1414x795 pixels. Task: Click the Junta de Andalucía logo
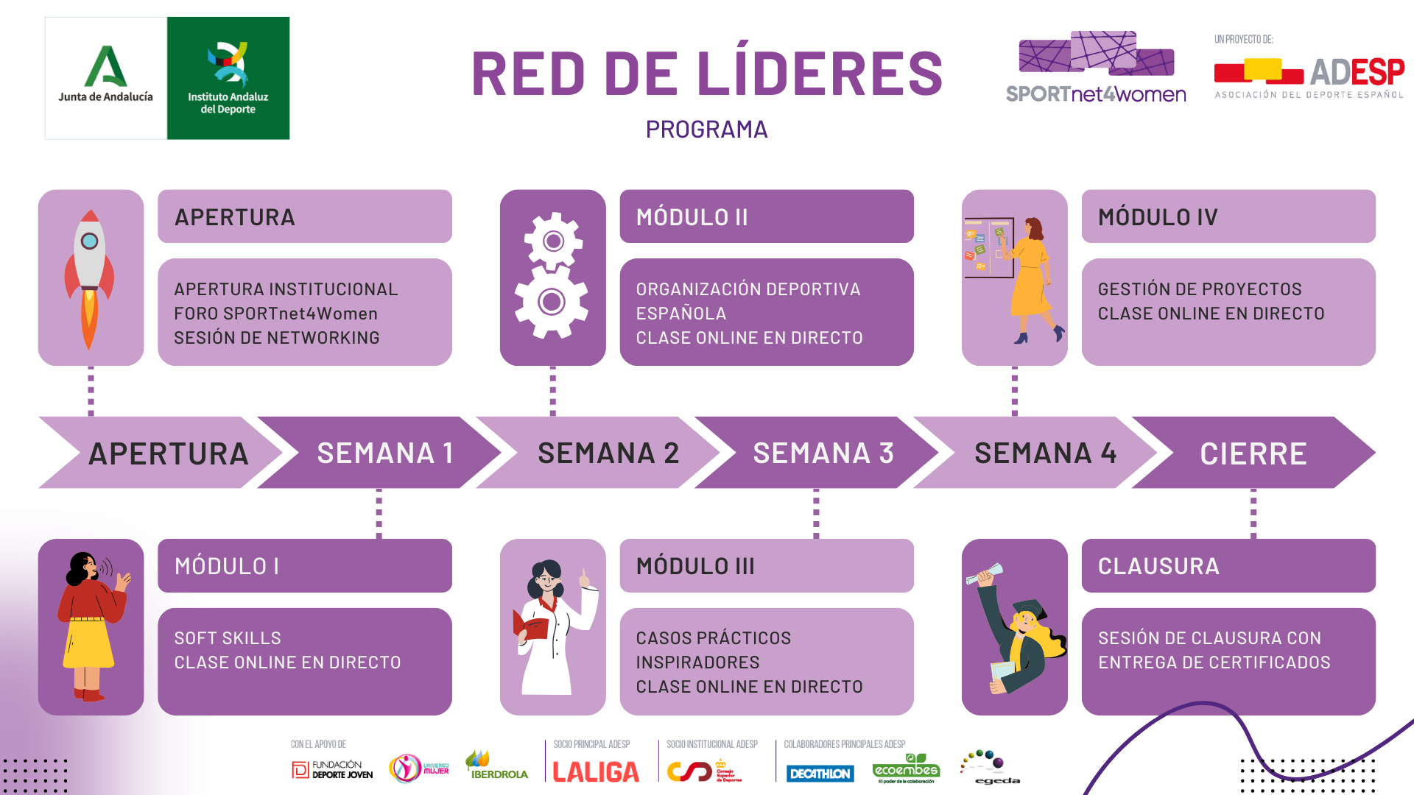click(106, 78)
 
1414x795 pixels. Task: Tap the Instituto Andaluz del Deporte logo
click(228, 78)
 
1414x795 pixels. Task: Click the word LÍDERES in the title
click(819, 74)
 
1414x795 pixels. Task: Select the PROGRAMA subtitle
click(706, 130)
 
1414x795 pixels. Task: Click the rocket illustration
click(90, 278)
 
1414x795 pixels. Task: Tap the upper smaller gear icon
click(553, 241)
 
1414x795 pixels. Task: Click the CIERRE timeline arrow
click(1253, 453)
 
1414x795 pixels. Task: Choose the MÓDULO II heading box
click(766, 216)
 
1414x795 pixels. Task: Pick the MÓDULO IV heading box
click(1228, 216)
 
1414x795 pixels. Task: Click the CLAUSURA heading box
click(1228, 565)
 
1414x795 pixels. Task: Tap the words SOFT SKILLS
click(228, 637)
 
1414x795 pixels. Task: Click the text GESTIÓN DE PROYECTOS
click(1199, 289)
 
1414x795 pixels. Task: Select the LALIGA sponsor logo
click(596, 771)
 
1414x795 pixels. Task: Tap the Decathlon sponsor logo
click(820, 774)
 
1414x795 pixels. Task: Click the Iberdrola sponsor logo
click(496, 766)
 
